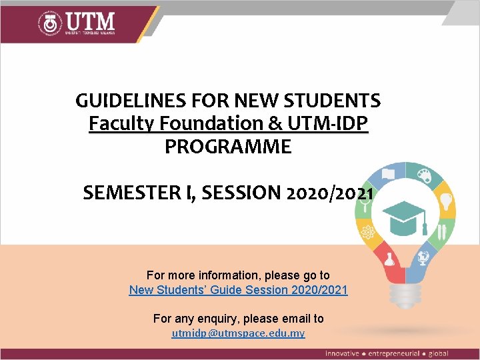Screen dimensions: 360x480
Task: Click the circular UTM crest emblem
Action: point(50,23)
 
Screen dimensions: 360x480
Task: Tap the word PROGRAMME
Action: point(228,147)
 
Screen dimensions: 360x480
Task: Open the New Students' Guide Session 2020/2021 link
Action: point(238,290)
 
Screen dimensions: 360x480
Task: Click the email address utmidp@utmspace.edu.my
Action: point(238,333)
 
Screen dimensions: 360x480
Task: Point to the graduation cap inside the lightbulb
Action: point(404,216)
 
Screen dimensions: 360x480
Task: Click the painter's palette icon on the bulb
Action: point(423,177)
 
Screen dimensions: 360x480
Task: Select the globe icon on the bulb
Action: point(423,257)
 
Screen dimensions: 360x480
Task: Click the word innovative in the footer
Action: point(342,353)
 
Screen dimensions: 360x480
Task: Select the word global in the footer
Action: point(437,353)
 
